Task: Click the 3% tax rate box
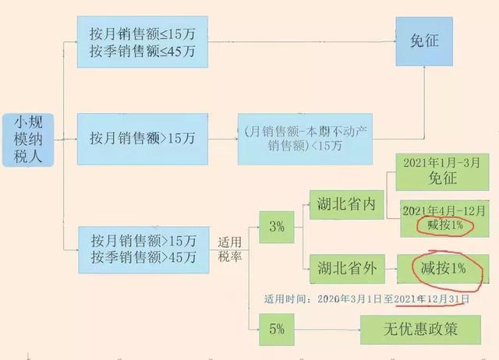click(x=277, y=228)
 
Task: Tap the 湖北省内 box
click(x=347, y=204)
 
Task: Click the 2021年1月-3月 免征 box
click(x=442, y=171)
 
